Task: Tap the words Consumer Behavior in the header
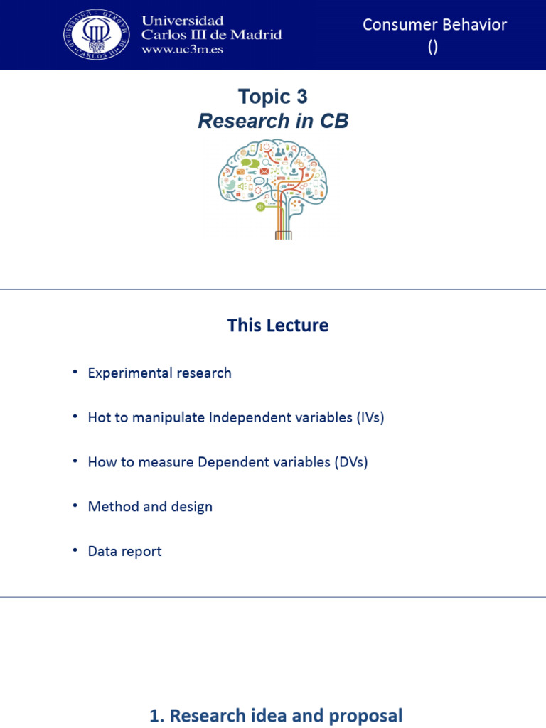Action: [x=434, y=24]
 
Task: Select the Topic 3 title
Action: [x=273, y=97]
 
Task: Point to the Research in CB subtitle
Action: [x=273, y=121]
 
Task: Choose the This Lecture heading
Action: [x=278, y=326]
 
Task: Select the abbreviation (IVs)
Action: [x=370, y=417]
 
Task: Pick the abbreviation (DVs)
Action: [x=351, y=462]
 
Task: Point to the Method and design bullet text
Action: [x=150, y=507]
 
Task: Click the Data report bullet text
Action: [x=124, y=551]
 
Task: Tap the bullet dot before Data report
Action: [x=75, y=550]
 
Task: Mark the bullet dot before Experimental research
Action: [x=75, y=372]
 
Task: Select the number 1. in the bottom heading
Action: [x=156, y=716]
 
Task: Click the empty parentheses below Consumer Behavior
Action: [x=433, y=47]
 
